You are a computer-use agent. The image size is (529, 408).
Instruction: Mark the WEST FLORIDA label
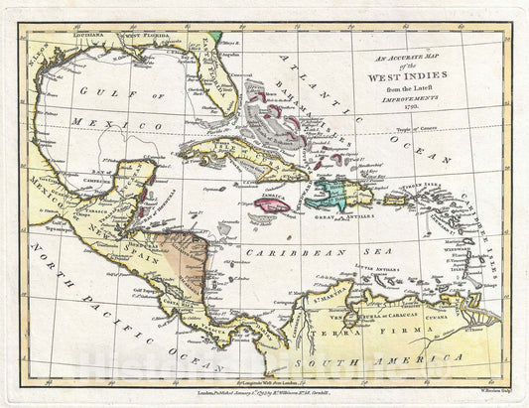146,37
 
